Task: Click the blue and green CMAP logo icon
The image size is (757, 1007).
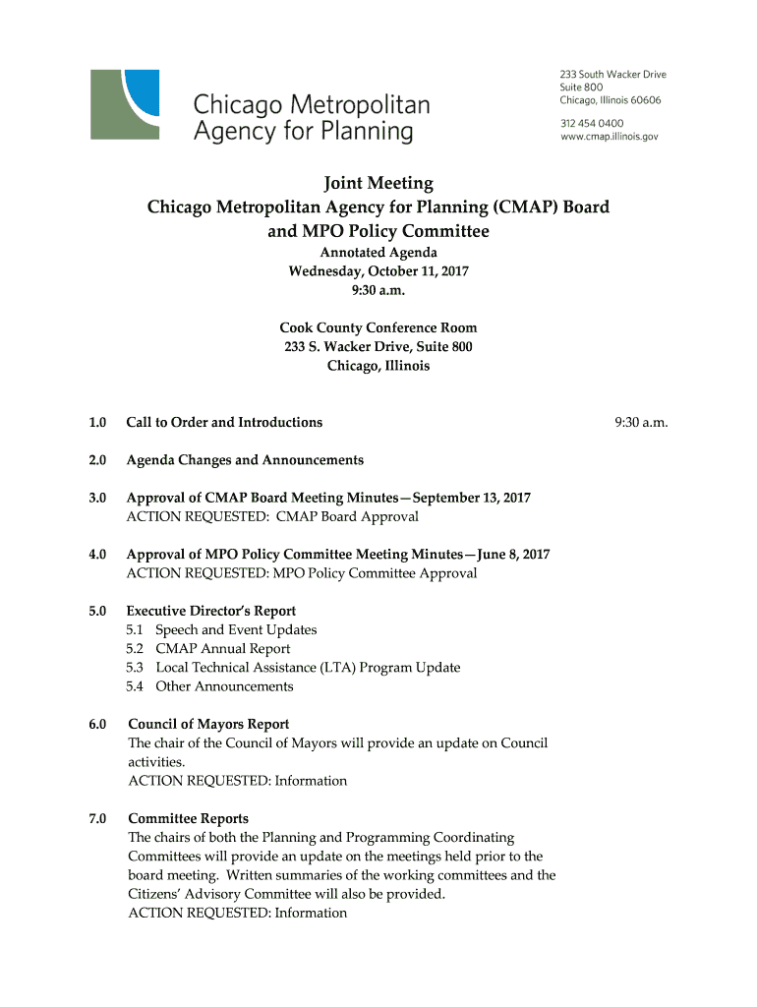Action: pyautogui.click(x=125, y=103)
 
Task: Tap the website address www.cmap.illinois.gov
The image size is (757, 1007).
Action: pyautogui.click(x=609, y=138)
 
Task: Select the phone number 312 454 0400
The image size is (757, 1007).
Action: pyautogui.click(x=592, y=123)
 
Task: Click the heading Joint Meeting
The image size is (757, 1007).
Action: pyautogui.click(x=378, y=183)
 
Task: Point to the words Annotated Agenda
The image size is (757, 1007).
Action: pyautogui.click(x=378, y=253)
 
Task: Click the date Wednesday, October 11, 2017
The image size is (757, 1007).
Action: pyautogui.click(x=378, y=271)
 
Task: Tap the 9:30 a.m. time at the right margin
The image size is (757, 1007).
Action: pyautogui.click(x=641, y=422)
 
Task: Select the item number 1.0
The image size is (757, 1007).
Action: pyautogui.click(x=96, y=422)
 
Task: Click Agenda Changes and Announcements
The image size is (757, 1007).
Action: pyautogui.click(x=245, y=459)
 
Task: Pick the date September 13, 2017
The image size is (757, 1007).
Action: pyautogui.click(x=470, y=498)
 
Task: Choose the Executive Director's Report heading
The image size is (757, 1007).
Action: pyautogui.click(x=210, y=611)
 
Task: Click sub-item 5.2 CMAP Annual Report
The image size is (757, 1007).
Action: pyautogui.click(x=208, y=648)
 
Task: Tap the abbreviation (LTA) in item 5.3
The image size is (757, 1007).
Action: pyautogui.click(x=337, y=667)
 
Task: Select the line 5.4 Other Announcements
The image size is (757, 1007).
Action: pyautogui.click(x=209, y=685)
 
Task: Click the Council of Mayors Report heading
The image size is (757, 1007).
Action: pyautogui.click(x=208, y=724)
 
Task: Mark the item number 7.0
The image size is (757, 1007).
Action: pyautogui.click(x=96, y=818)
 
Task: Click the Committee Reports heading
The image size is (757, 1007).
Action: pyautogui.click(x=188, y=818)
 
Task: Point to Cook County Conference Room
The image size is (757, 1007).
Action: pyautogui.click(x=378, y=327)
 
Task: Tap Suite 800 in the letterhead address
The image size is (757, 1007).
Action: pyautogui.click(x=583, y=87)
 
